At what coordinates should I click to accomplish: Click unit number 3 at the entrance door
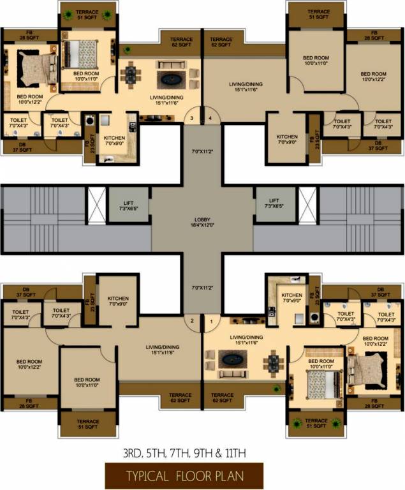[x=191, y=118]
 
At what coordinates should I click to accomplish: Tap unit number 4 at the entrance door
[x=210, y=118]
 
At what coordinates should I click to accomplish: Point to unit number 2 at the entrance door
[x=191, y=320]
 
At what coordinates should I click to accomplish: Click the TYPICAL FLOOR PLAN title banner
[x=184, y=476]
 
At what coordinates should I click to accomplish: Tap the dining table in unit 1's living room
[x=274, y=362]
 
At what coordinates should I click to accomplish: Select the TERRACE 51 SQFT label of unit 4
[x=318, y=15]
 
